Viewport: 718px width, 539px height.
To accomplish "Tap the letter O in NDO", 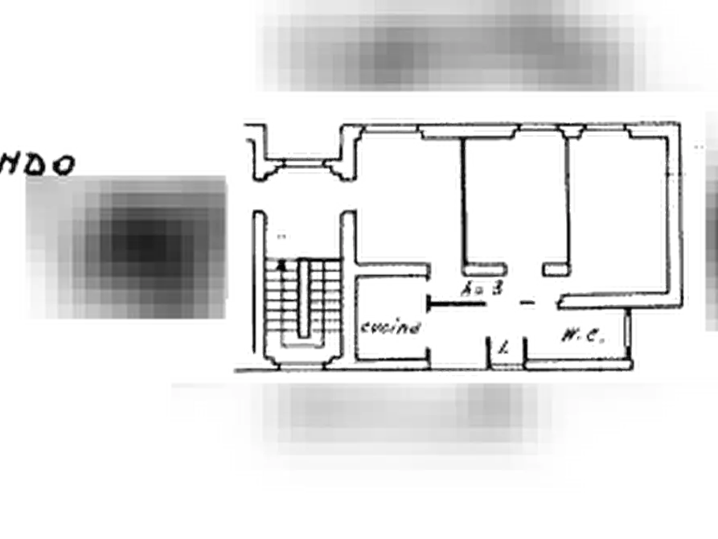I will click(x=64, y=165).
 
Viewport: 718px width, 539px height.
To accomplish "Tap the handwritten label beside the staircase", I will click(x=393, y=327).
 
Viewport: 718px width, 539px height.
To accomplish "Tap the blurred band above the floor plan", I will click(x=458, y=48).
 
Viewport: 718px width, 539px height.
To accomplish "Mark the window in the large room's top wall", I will click(x=392, y=122).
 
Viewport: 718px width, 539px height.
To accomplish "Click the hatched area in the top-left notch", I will click(x=306, y=167).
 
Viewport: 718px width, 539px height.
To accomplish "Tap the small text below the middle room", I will click(x=482, y=286).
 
